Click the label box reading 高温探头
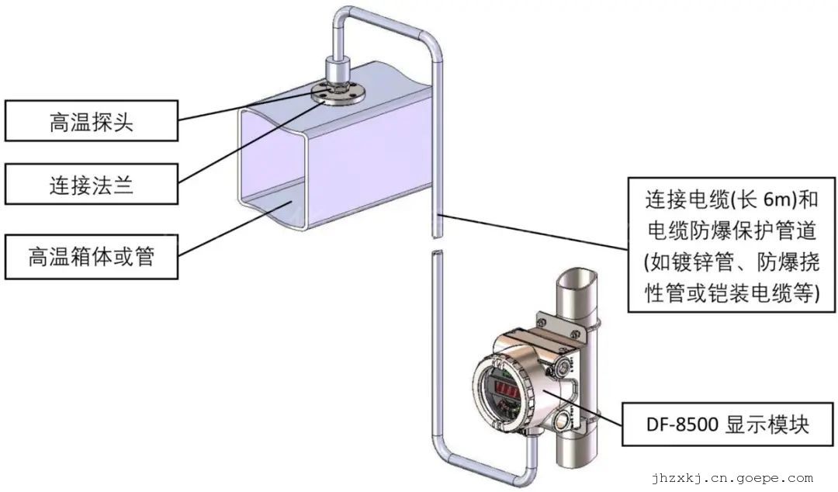click(x=91, y=121)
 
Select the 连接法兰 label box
click(x=91, y=184)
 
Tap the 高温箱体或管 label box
click(x=91, y=256)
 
